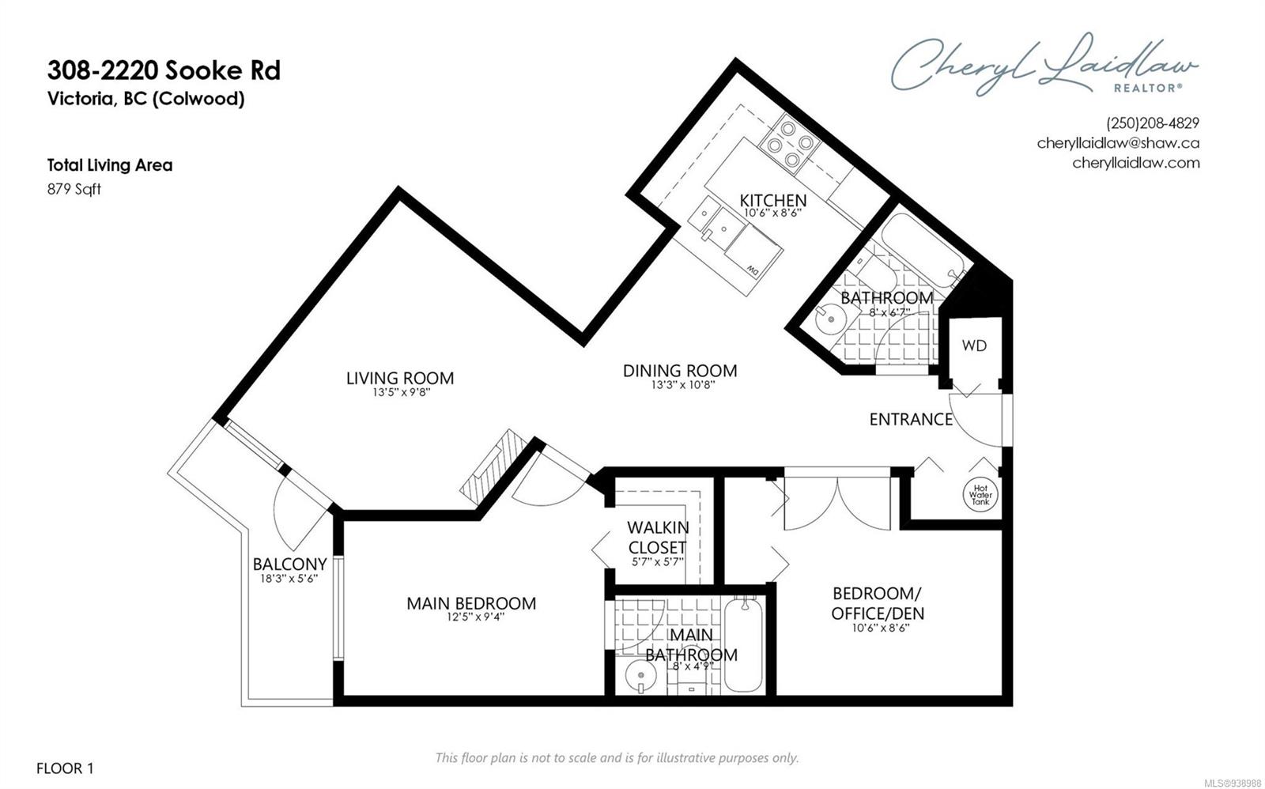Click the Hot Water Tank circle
coord(980,495)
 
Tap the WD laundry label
coord(974,345)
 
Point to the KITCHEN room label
coord(773,200)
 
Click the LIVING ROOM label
coord(400,378)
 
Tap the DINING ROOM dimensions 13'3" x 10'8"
coord(683,385)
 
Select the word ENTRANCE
coord(911,419)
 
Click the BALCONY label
coord(289,564)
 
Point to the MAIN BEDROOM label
coord(471,603)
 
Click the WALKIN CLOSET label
coord(658,537)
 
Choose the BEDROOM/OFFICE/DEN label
coord(878,603)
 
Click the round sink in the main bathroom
coord(641,675)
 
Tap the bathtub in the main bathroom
coord(742,645)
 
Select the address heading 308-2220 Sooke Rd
coord(164,70)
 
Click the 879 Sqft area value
coord(74,189)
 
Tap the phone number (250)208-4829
coord(1153,123)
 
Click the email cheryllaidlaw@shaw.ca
coord(1118,143)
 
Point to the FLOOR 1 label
coord(65,768)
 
